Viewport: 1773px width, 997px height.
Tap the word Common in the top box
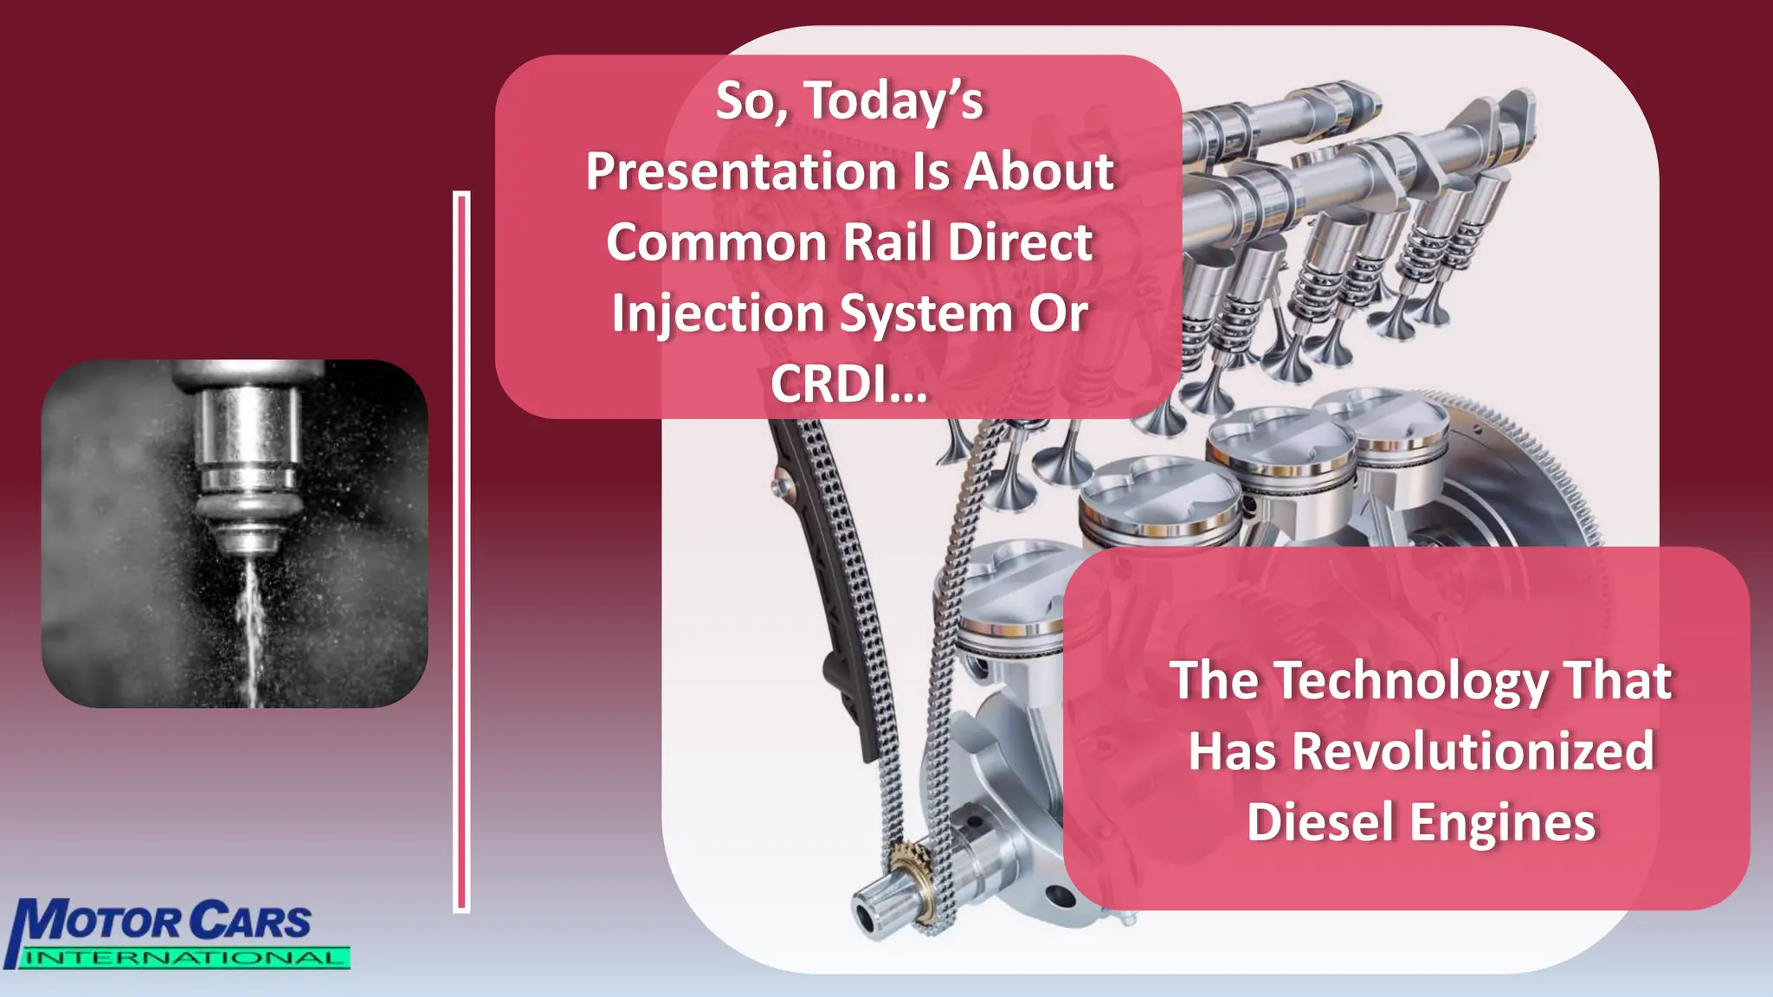(x=716, y=242)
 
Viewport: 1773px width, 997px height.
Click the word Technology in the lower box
(x=1411, y=681)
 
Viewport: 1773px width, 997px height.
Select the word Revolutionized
(x=1473, y=751)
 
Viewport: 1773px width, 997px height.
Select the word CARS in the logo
(x=250, y=922)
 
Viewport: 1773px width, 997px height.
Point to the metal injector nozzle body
(x=247, y=450)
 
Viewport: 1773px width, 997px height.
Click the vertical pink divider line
(x=461, y=554)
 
